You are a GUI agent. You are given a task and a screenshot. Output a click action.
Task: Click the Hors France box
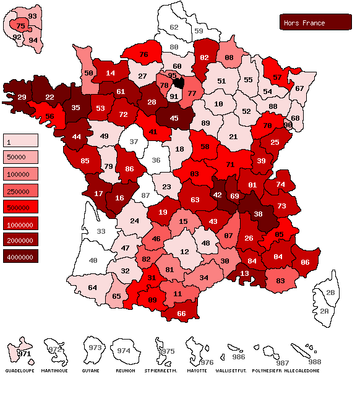[315, 22]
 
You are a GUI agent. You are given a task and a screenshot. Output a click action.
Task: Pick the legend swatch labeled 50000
[20, 156]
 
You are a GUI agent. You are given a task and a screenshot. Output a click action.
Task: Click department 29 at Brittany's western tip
[21, 97]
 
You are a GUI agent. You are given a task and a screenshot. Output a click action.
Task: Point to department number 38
[258, 215]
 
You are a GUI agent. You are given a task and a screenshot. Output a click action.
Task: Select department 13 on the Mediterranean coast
[245, 273]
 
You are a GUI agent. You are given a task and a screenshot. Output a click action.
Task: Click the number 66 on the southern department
[181, 313]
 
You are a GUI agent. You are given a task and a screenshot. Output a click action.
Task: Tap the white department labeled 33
[101, 231]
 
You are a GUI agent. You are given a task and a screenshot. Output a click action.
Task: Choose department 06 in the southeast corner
[305, 262]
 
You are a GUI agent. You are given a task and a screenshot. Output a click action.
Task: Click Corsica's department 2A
[325, 312]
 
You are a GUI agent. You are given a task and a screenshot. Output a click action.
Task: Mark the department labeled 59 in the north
[199, 30]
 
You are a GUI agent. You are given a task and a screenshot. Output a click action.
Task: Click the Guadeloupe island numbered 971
[24, 353]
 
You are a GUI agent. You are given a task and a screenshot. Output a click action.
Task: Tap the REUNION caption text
[125, 370]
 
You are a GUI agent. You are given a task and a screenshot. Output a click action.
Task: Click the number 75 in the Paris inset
[20, 26]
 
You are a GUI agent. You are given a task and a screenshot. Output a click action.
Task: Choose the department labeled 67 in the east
[299, 88]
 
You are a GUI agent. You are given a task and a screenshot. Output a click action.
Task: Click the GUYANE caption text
[90, 370]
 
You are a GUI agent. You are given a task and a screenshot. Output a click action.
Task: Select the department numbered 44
[77, 136]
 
